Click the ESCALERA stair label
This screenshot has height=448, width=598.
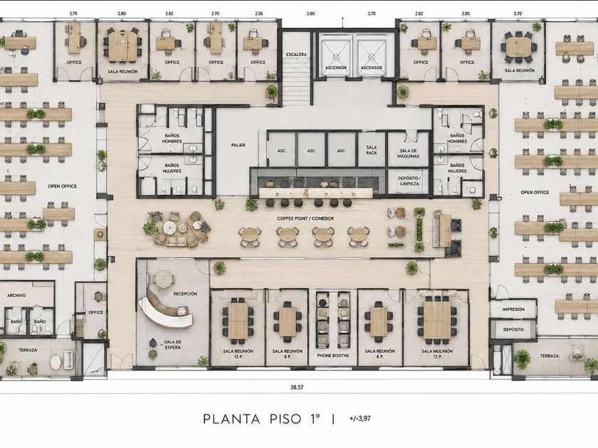(296, 55)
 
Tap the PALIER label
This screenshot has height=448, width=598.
(238, 145)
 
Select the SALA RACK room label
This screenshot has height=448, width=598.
(372, 150)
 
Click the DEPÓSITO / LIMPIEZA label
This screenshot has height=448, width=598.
(409, 181)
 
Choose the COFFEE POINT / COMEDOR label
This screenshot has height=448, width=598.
(305, 219)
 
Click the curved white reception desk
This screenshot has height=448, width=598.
(164, 310)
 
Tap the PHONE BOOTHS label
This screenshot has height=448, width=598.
(333, 356)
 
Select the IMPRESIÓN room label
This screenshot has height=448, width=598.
(513, 309)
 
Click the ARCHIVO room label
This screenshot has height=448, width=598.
(16, 295)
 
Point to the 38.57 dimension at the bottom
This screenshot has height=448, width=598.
(297, 387)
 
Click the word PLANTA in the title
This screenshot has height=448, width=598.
(231, 419)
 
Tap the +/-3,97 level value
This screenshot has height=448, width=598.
(360, 418)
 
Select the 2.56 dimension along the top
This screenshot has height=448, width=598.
(259, 14)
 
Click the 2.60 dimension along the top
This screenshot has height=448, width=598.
(311, 14)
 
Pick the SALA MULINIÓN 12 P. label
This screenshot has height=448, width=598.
(437, 354)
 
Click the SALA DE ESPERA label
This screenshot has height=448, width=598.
(173, 344)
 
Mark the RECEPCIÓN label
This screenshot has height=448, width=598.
(185, 294)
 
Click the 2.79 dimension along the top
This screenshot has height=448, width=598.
(73, 14)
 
